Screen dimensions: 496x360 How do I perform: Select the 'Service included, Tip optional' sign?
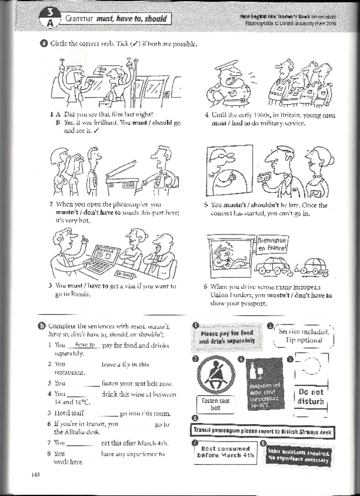pos(303,336)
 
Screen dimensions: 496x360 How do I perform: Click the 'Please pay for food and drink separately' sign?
pos(227,337)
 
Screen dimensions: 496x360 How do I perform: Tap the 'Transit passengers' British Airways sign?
pos(263,431)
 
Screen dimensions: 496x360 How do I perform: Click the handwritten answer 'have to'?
pos(85,346)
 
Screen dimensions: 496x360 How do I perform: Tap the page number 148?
pos(34,474)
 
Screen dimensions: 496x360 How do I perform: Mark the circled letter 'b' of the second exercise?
pos(42,326)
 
